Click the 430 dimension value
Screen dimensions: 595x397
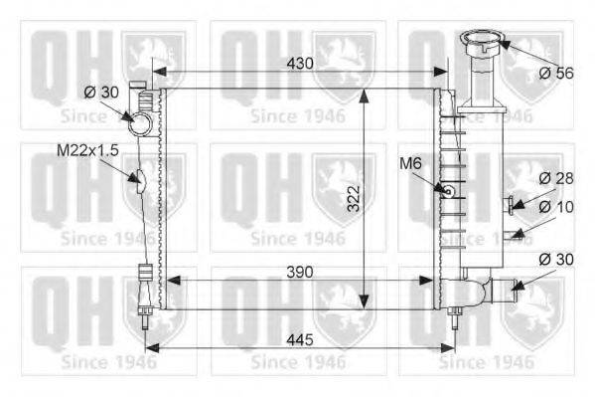tap(300, 64)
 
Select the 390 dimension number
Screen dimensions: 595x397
tap(300, 272)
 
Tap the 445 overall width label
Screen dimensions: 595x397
tap(300, 339)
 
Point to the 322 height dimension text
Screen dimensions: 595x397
tap(354, 199)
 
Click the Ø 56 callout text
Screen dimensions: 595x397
tap(556, 73)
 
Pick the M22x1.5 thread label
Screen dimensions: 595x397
tap(87, 150)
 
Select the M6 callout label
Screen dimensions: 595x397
tap(410, 163)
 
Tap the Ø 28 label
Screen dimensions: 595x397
tap(556, 178)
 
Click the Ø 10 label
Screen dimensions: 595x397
tap(556, 207)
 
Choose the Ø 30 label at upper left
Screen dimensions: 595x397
tap(101, 92)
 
